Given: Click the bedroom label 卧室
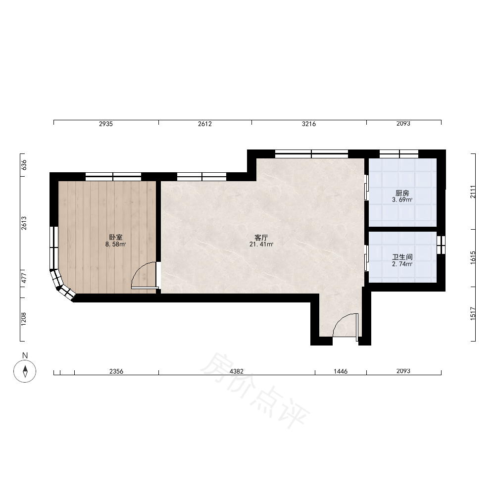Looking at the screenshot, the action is (x=115, y=237).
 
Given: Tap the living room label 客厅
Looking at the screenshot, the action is (x=261, y=237).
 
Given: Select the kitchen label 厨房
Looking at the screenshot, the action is (x=402, y=193).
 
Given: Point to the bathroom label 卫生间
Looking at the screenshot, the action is (x=402, y=257).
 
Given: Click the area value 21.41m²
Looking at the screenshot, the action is (x=261, y=244).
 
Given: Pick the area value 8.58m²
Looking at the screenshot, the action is (x=115, y=244).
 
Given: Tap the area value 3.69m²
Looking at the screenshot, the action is (x=402, y=199).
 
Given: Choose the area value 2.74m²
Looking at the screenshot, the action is (x=402, y=264).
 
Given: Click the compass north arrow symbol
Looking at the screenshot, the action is (x=25, y=371).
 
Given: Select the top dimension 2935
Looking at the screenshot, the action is (x=106, y=124).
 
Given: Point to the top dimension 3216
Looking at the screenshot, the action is (x=309, y=124).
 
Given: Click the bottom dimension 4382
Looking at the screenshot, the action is (x=237, y=371).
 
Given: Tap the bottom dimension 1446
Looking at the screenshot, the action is (x=341, y=371).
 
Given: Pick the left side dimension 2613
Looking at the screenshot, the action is (x=24, y=223).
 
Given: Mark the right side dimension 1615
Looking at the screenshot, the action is (x=473, y=257).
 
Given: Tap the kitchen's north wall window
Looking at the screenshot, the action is (x=399, y=154).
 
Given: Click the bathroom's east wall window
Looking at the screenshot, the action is (x=441, y=245).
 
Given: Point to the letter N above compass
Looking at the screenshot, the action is (x=25, y=355).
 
